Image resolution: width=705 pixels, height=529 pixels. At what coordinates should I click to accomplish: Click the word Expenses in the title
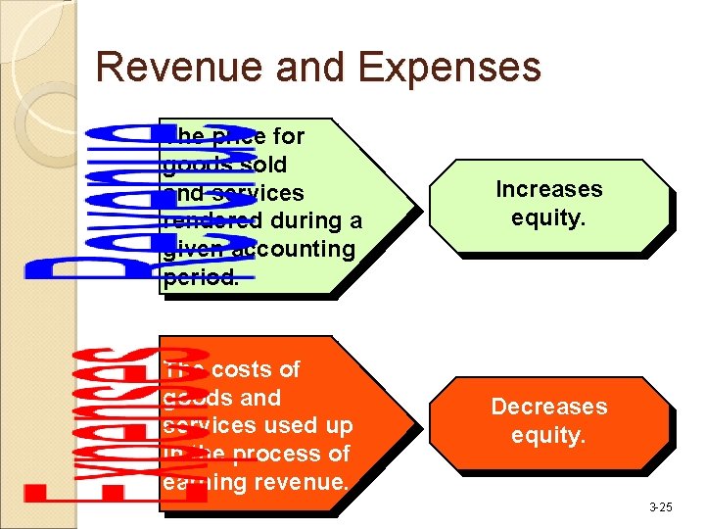[x=449, y=68]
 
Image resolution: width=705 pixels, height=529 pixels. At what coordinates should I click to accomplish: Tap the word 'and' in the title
[x=312, y=68]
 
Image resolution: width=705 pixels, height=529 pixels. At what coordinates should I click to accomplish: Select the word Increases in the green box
[x=549, y=189]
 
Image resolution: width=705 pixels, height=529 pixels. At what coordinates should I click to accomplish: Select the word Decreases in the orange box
[x=549, y=407]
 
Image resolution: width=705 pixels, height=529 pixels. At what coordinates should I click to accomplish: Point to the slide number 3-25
[x=661, y=506]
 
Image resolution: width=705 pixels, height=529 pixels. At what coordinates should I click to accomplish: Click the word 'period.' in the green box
[x=202, y=277]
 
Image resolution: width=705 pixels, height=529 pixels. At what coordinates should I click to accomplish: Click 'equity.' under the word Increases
[x=549, y=217]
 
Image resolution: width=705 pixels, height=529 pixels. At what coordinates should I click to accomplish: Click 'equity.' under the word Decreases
[x=549, y=435]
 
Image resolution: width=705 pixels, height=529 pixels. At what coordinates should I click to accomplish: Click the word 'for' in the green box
[x=287, y=136]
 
